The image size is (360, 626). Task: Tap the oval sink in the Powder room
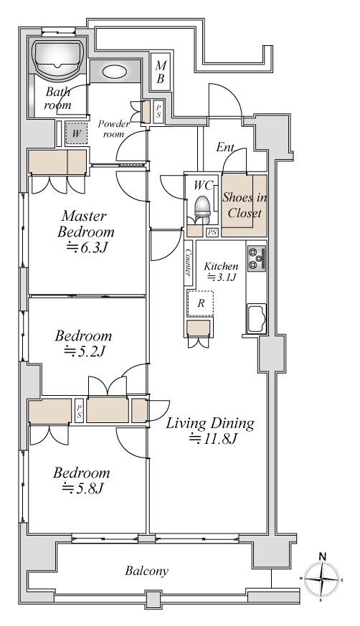pyautogui.click(x=115, y=72)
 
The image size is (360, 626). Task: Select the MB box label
pyautogui.click(x=161, y=72)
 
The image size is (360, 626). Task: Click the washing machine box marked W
pyautogui.click(x=76, y=134)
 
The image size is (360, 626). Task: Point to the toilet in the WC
pyautogui.click(x=202, y=209)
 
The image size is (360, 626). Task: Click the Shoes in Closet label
pyautogui.click(x=245, y=205)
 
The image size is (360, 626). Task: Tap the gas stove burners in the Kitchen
pyautogui.click(x=257, y=258)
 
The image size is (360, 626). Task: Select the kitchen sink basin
pyautogui.click(x=257, y=318)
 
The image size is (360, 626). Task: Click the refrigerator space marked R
pyautogui.click(x=201, y=303)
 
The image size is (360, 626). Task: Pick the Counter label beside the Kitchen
pyautogui.click(x=189, y=262)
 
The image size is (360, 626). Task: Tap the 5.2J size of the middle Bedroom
pyautogui.click(x=85, y=351)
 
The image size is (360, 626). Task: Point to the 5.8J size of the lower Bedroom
pyautogui.click(x=83, y=488)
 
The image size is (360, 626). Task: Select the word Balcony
pyautogui.click(x=146, y=571)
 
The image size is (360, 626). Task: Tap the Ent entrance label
pyautogui.click(x=225, y=147)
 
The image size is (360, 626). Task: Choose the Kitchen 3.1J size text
pyautogui.click(x=222, y=277)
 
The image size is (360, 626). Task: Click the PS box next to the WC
pyautogui.click(x=212, y=232)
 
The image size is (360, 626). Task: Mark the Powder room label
pyautogui.click(x=114, y=128)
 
